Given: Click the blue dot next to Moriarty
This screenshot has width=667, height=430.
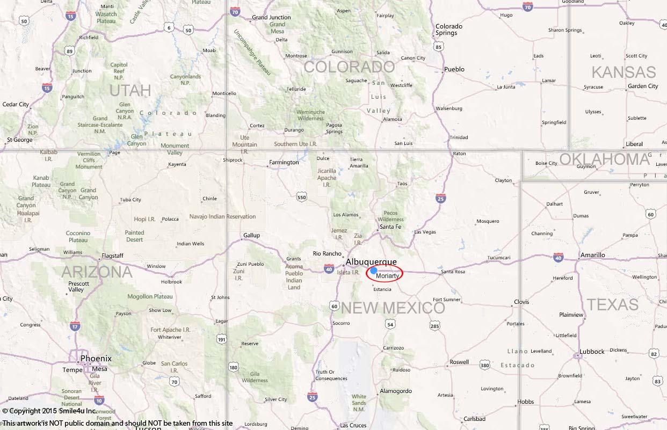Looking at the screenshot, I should pyautogui.click(x=374, y=271).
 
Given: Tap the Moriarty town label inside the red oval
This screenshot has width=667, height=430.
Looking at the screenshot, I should pyautogui.click(x=387, y=276).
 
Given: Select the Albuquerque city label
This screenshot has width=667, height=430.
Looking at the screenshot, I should pyautogui.click(x=371, y=262).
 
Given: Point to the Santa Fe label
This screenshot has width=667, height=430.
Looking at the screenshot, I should pyautogui.click(x=390, y=227).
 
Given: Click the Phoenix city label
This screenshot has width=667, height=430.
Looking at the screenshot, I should pyautogui.click(x=96, y=358).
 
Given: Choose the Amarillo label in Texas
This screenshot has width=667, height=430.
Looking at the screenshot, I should pyautogui.click(x=592, y=255).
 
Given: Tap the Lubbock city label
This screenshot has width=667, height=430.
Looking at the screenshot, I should pyautogui.click(x=591, y=352).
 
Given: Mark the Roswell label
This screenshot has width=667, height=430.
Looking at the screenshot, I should pyautogui.click(x=459, y=362).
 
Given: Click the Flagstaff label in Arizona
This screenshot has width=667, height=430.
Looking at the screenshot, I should pyautogui.click(x=112, y=256).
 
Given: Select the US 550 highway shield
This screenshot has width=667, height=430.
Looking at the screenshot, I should pyautogui.click(x=301, y=198).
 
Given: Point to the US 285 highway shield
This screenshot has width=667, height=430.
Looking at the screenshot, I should pyautogui.click(x=434, y=325).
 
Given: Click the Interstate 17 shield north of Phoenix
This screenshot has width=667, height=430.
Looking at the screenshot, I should pyautogui.click(x=75, y=326).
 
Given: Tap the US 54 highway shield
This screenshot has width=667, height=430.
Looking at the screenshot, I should pyautogui.click(x=390, y=324).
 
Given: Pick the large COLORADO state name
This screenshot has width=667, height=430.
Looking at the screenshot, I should pyautogui.click(x=349, y=67).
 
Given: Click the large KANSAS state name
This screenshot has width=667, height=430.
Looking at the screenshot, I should pyautogui.click(x=624, y=72).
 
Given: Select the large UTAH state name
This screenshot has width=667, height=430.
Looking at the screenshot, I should pyautogui.click(x=130, y=90).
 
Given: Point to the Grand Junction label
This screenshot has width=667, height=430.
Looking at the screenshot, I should pyautogui.click(x=271, y=17).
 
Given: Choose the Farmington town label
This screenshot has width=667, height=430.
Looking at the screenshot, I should pyautogui.click(x=284, y=162).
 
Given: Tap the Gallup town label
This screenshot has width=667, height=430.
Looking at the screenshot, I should pyautogui.click(x=251, y=235).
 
